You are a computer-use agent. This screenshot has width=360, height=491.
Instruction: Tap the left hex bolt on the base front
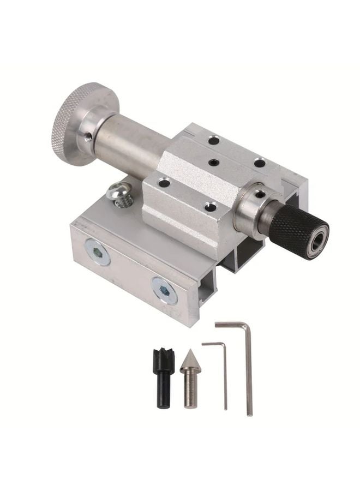point(98,252)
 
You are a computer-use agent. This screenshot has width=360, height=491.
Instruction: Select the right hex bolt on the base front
point(165,289)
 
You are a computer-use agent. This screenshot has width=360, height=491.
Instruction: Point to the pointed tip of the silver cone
point(191,351)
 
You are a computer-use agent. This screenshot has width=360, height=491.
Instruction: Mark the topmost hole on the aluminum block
point(214,141)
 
